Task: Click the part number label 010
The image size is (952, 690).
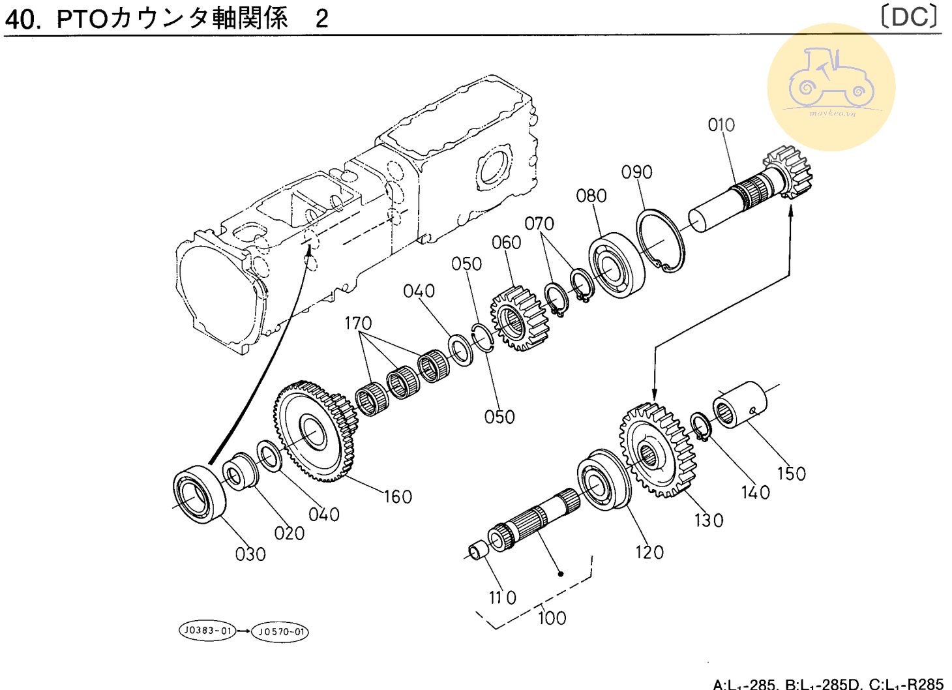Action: pyautogui.click(x=721, y=125)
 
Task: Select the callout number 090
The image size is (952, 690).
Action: pyautogui.click(x=636, y=172)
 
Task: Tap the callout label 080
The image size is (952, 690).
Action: pyautogui.click(x=591, y=196)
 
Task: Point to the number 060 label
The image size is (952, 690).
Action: pyautogui.click(x=506, y=243)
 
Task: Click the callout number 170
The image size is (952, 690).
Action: pyautogui.click(x=358, y=323)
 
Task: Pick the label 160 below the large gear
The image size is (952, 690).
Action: pyautogui.click(x=397, y=497)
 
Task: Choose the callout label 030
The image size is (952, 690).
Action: pyautogui.click(x=250, y=554)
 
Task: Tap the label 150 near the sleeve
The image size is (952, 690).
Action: pyautogui.click(x=791, y=473)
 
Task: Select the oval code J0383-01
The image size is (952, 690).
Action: pyautogui.click(x=207, y=631)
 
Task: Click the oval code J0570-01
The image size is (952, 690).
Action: pyautogui.click(x=280, y=631)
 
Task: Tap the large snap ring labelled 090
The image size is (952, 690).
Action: pyautogui.click(x=661, y=241)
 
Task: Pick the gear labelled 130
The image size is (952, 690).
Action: pyautogui.click(x=655, y=451)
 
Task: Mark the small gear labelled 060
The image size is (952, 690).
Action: pyautogui.click(x=518, y=319)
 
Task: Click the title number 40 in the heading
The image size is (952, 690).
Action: pyautogui.click(x=21, y=20)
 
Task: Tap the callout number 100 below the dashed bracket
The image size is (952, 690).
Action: pyautogui.click(x=552, y=617)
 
